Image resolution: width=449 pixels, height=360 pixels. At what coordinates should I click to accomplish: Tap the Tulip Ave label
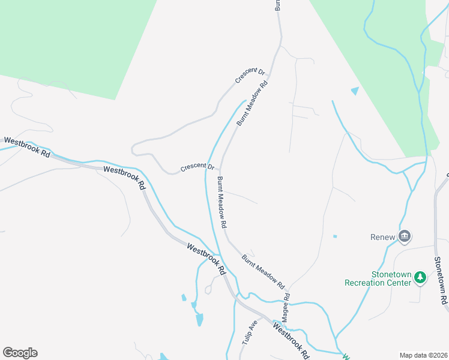[250, 331]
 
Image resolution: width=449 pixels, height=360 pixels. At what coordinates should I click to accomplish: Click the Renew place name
[382, 237]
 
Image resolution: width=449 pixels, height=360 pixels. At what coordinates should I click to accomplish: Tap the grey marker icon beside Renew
[405, 236]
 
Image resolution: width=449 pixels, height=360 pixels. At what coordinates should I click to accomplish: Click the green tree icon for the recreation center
[421, 277]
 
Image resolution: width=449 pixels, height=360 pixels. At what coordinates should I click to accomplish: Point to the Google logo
[20, 353]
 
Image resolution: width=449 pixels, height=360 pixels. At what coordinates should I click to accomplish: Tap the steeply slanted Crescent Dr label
[250, 75]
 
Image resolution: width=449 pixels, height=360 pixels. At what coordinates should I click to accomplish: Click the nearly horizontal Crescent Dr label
[197, 166]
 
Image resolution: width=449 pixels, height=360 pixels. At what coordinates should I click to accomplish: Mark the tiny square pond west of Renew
[335, 236]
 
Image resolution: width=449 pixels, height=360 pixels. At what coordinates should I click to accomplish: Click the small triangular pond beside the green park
[355, 91]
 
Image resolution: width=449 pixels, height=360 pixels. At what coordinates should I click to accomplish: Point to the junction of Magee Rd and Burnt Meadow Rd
[287, 286]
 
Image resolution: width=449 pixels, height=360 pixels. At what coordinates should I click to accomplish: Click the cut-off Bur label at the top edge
[278, 5]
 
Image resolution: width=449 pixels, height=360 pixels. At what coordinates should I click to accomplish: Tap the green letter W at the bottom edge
[346, 357]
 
